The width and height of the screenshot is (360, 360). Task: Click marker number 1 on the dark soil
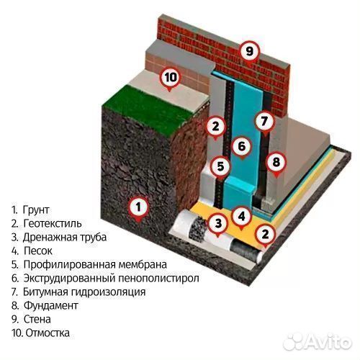138,208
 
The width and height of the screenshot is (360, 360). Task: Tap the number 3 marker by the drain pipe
216,223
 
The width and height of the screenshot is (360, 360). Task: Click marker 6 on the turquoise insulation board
242,147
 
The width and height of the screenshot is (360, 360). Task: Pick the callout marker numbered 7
264,121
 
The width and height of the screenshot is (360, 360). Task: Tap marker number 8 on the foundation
274,161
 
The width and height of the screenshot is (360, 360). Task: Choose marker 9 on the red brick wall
249,51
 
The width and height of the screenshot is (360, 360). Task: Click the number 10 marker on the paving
170,77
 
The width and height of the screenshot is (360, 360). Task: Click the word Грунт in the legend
35,210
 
